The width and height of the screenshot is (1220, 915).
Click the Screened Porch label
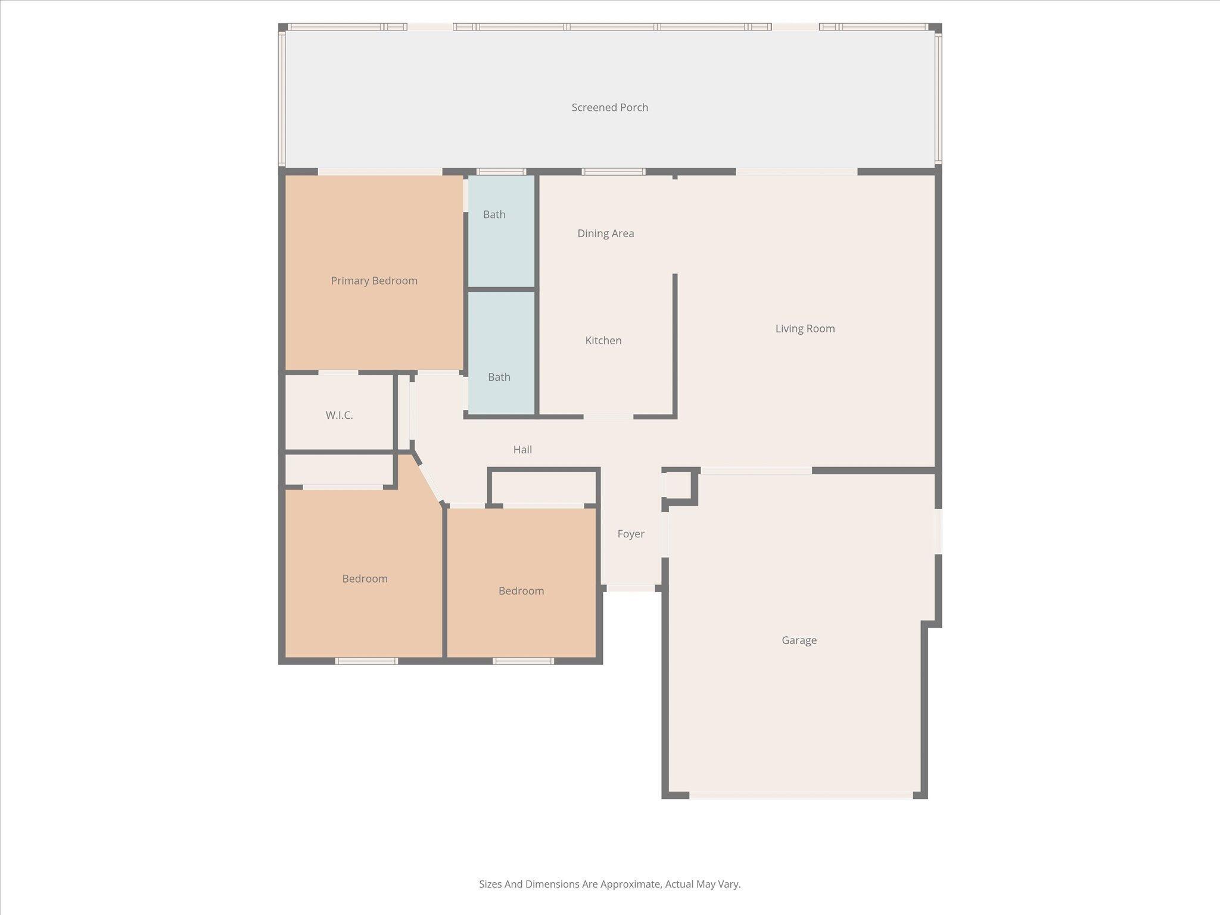pos(609,108)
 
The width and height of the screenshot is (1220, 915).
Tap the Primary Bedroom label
pos(374,281)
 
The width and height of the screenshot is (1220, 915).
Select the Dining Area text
pos(605,234)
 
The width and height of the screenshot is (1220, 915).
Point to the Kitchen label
pos(603,341)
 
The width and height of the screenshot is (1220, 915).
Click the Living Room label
pos(805,329)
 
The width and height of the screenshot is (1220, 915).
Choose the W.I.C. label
pos(339,416)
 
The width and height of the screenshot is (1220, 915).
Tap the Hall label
pos(522,450)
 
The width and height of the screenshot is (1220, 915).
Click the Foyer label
pos(630,534)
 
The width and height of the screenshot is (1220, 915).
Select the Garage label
pos(799,640)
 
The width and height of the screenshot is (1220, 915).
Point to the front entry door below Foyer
pos(630,589)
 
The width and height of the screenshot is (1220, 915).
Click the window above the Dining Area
pos(613,172)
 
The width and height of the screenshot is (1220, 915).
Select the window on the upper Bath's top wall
pos(501,172)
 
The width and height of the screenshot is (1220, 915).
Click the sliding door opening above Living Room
pos(796,172)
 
